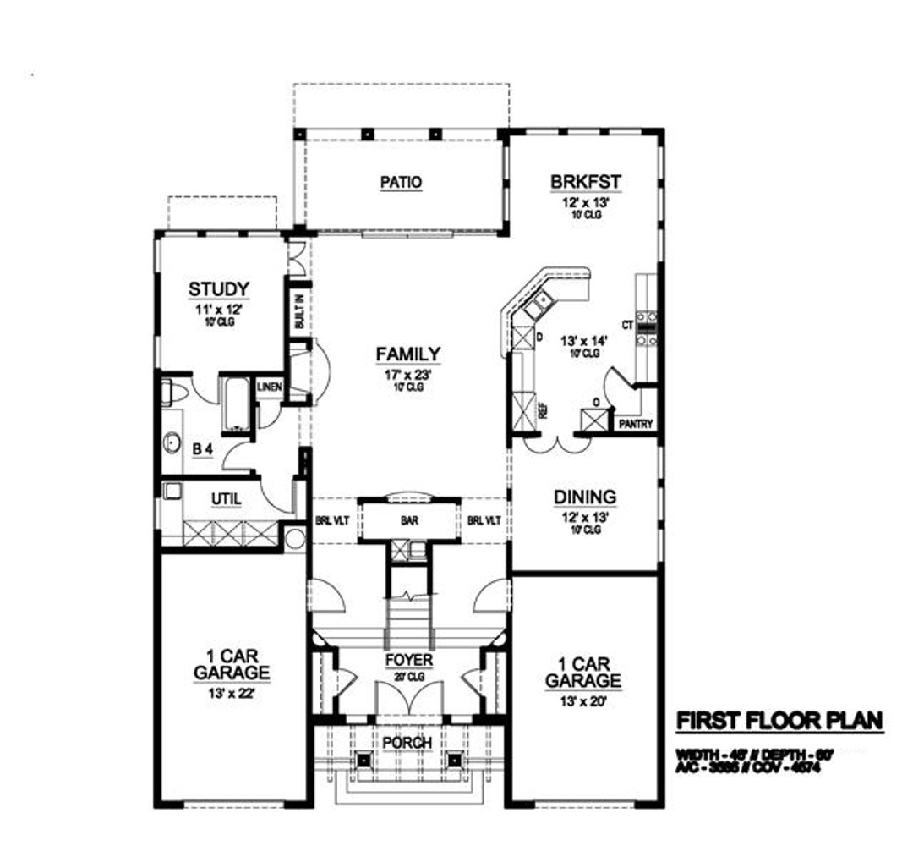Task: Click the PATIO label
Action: [x=400, y=182]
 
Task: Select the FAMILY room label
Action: [x=407, y=354]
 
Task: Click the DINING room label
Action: [x=585, y=497]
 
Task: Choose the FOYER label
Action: [x=409, y=660]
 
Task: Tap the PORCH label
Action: [x=407, y=742]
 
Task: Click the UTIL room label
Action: [x=226, y=500]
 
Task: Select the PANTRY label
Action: [x=636, y=424]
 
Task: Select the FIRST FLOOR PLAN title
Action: [x=779, y=721]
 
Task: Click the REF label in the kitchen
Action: [x=543, y=411]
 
